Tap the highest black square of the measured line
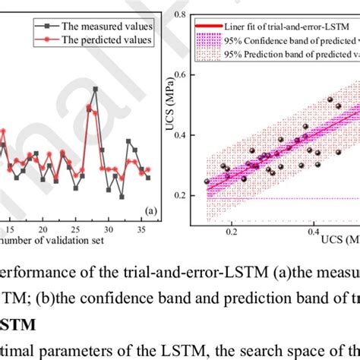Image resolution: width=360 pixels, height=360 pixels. point(96,89)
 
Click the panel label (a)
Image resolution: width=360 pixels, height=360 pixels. point(149,211)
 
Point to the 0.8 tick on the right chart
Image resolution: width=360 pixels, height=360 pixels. point(181,15)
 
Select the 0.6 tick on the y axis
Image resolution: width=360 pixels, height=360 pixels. point(181,76)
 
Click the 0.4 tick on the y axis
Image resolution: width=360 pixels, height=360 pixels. point(181,136)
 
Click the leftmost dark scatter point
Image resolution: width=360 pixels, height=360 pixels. point(207,182)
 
